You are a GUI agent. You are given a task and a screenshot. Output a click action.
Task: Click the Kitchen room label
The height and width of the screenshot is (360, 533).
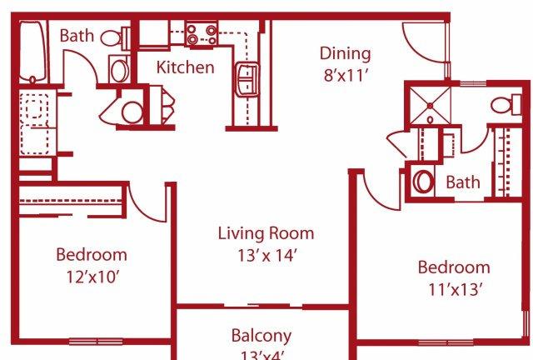pyautogui.click(x=185, y=67)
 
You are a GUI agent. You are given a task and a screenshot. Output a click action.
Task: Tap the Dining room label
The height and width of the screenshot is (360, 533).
pyautogui.click(x=345, y=54)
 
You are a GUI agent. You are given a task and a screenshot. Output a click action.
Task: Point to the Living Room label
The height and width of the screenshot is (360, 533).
pyautogui.click(x=266, y=233)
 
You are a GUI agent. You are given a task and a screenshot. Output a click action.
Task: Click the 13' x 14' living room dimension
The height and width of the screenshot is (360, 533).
pyautogui.click(x=267, y=256)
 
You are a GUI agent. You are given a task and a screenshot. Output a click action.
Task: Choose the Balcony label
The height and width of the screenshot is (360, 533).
pyautogui.click(x=262, y=336)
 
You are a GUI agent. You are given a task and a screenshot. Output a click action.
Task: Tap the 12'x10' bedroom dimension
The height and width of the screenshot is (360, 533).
pyautogui.click(x=92, y=277)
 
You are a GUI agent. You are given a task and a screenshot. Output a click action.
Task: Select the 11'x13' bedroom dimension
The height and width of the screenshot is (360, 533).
pyautogui.click(x=455, y=289)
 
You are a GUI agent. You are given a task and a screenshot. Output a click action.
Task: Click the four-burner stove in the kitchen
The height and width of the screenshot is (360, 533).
pyautogui.click(x=202, y=35)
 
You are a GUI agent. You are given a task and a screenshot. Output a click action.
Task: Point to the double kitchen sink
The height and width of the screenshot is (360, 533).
pyautogui.click(x=247, y=78)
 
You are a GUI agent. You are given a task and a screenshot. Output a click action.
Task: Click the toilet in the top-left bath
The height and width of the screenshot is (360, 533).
pyautogui.click(x=115, y=38)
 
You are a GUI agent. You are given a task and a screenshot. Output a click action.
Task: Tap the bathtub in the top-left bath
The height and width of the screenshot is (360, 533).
pyautogui.click(x=32, y=52)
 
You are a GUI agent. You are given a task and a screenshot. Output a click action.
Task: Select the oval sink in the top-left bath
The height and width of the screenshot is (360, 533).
pyautogui.click(x=119, y=70)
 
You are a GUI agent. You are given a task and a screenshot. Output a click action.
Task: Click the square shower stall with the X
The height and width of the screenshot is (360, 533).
pyautogui.click(x=430, y=106)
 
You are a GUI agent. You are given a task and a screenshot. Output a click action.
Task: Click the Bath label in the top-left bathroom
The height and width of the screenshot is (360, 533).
pyautogui.click(x=77, y=35)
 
